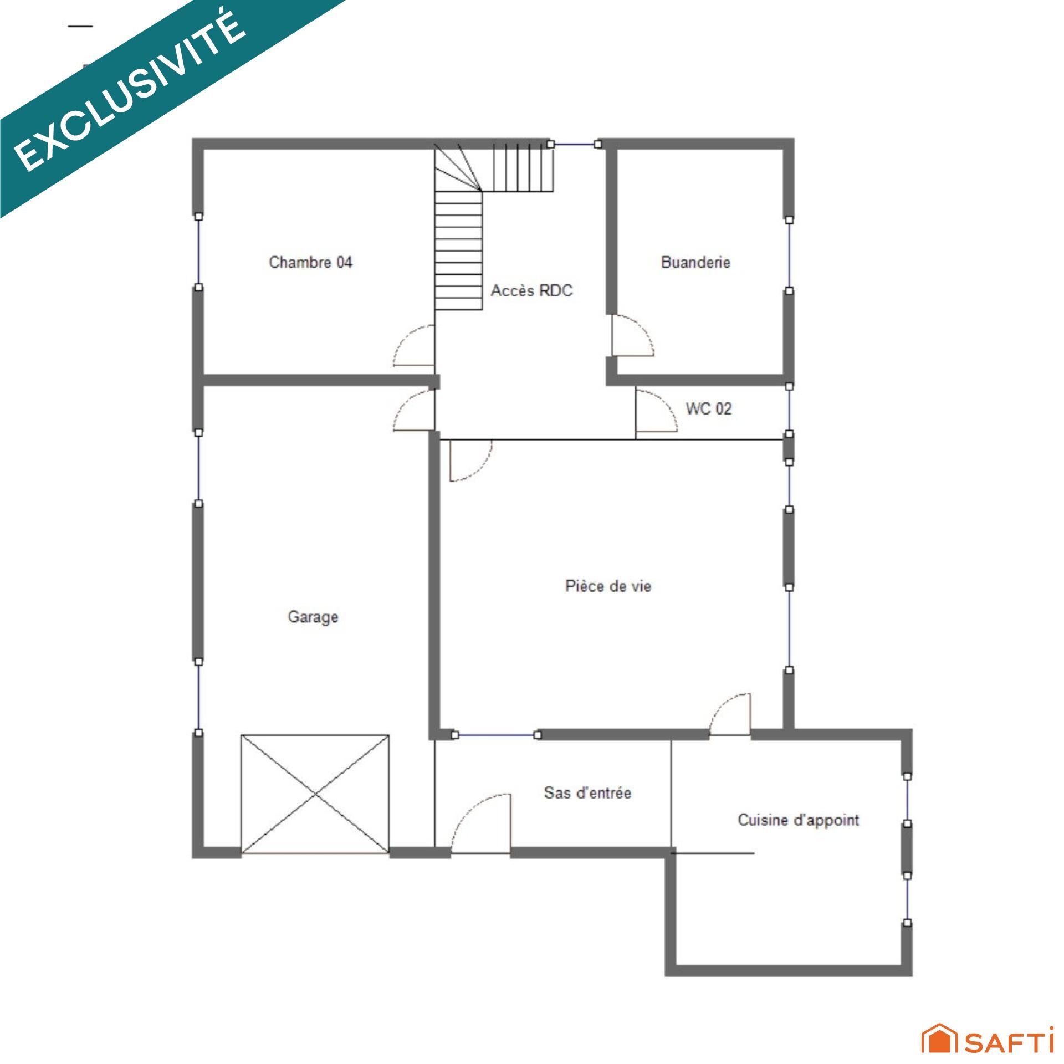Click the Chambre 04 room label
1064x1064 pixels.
pyautogui.click(x=310, y=262)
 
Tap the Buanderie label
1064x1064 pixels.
pyautogui.click(x=695, y=262)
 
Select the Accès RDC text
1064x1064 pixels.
pyautogui.click(x=531, y=290)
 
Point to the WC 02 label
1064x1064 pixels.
pyautogui.click(x=709, y=408)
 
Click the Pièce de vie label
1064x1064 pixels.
pyautogui.click(x=608, y=586)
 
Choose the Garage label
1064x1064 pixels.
pyautogui.click(x=313, y=617)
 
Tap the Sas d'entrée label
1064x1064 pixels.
pyautogui.click(x=587, y=792)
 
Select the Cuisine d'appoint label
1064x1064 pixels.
pyautogui.click(x=798, y=820)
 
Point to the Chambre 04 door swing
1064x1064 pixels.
pyautogui.click(x=413, y=346)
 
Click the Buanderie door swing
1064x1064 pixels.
pyautogui.click(x=632, y=335)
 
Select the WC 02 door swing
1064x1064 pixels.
pyautogui.click(x=656, y=411)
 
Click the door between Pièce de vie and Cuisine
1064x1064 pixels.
pyautogui.click(x=730, y=714)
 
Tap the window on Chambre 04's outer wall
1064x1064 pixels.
pyautogui.click(x=198, y=252)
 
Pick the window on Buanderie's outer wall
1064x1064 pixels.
pyautogui.click(x=789, y=255)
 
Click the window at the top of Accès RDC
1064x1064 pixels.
pyautogui.click(x=574, y=144)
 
